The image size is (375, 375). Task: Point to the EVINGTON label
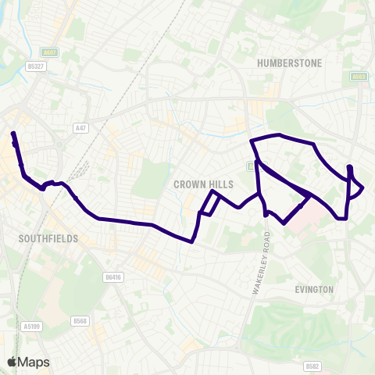(315, 289)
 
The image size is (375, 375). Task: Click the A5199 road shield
(32, 326)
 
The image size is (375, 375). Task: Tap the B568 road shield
(79, 321)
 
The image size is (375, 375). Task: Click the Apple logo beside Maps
(12, 362)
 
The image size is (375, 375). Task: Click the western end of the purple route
(12, 134)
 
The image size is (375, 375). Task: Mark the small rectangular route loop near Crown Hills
(209, 202)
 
